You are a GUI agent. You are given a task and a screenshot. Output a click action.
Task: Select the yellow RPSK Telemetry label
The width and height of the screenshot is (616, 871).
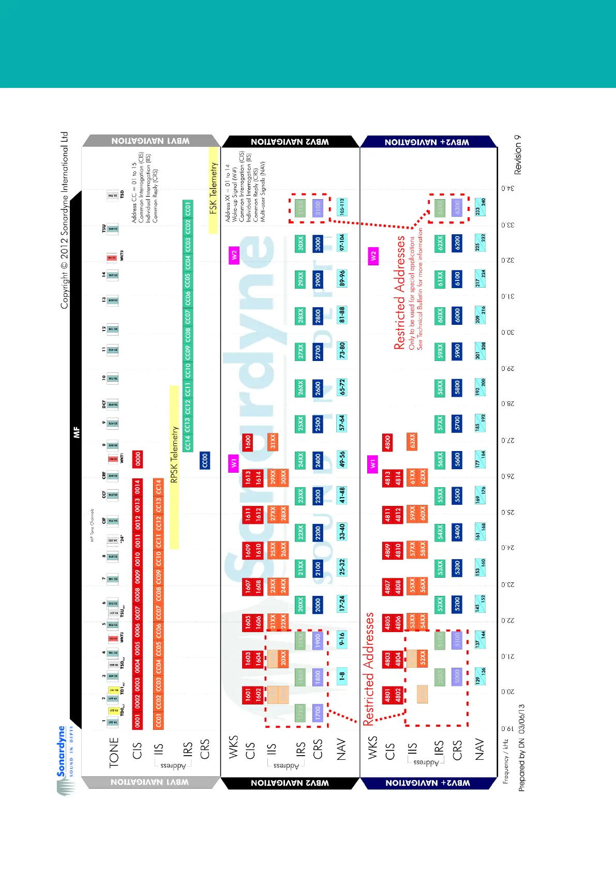(174, 455)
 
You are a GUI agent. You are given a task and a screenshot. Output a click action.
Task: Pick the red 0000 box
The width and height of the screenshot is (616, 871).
(138, 459)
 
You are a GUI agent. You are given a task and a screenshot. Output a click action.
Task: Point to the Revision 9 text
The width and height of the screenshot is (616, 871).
(518, 154)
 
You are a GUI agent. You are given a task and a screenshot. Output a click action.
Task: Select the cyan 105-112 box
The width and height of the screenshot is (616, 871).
(341, 207)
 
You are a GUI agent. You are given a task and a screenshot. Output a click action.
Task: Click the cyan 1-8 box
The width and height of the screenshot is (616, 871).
(341, 675)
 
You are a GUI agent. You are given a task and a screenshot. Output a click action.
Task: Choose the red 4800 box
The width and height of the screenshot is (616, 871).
(387, 442)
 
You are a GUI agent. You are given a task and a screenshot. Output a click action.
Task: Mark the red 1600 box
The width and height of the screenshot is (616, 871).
(248, 442)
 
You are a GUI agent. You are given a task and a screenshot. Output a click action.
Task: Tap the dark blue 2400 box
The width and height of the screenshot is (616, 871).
(318, 459)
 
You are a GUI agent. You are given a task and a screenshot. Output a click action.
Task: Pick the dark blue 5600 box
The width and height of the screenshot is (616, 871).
(457, 459)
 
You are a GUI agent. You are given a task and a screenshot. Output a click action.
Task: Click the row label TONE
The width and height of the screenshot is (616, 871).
(114, 752)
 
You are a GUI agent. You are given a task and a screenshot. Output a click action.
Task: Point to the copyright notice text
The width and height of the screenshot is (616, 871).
(64, 220)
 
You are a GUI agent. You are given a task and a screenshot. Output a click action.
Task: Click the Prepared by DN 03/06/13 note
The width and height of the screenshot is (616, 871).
(521, 747)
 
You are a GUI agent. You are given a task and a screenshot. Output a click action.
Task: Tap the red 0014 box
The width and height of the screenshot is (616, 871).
(138, 487)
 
